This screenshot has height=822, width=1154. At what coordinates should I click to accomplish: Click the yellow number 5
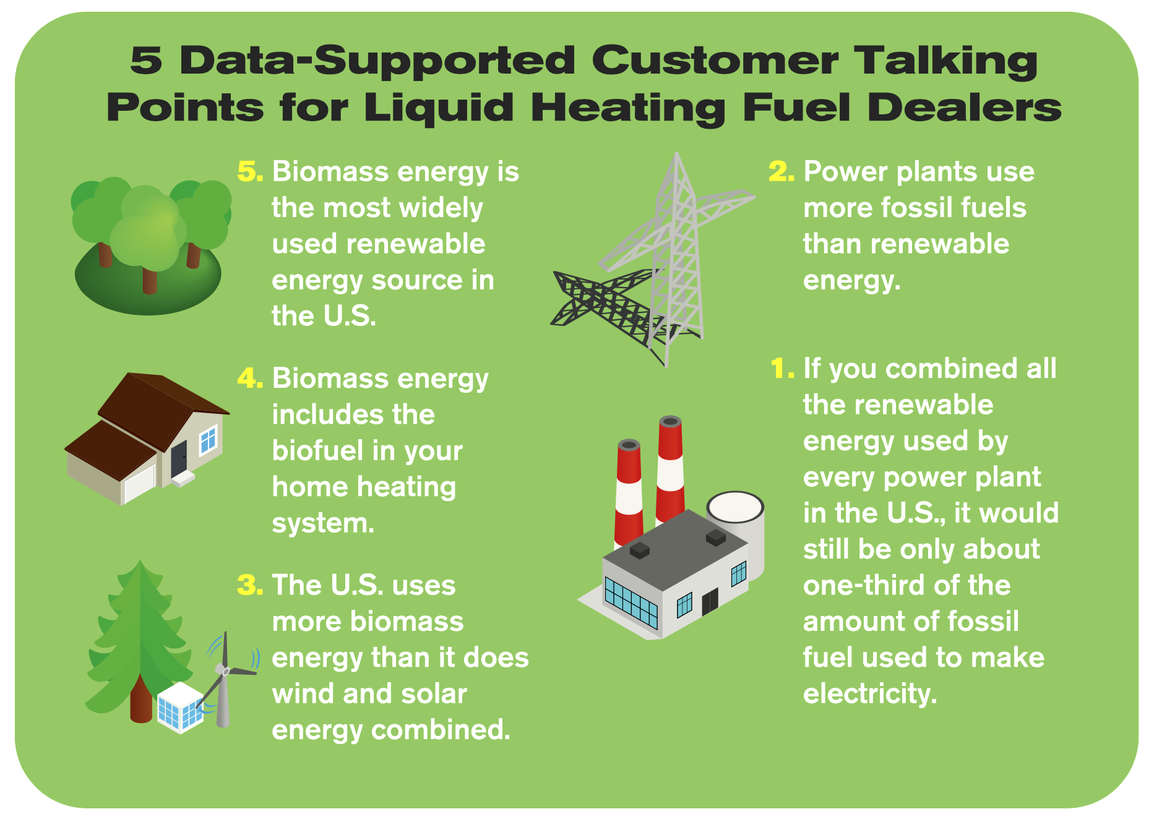[x=249, y=172]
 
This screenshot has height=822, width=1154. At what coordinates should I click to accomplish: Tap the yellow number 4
[x=249, y=379]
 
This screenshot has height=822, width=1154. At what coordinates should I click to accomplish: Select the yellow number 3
[x=249, y=585]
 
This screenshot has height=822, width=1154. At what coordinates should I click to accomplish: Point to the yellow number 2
[x=780, y=172]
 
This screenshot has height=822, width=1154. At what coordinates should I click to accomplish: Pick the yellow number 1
[x=782, y=369]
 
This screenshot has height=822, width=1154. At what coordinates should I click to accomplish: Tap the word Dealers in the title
[x=964, y=108]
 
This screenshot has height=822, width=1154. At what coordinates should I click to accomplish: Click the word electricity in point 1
[x=869, y=694]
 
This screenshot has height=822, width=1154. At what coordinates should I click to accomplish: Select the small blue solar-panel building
[x=180, y=708]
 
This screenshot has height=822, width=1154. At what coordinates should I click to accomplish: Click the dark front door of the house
[x=179, y=458]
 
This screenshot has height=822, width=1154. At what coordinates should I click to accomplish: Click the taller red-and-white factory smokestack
[x=670, y=470]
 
